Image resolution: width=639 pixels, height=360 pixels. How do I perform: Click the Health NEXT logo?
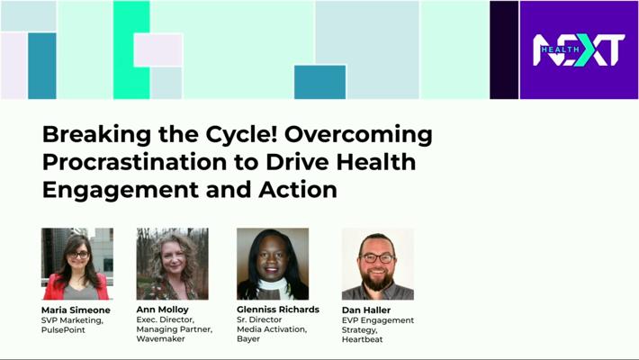[x=579, y=49]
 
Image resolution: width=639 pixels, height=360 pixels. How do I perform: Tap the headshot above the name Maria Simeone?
[x=77, y=264]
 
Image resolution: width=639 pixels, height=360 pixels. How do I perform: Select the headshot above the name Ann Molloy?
[x=173, y=264]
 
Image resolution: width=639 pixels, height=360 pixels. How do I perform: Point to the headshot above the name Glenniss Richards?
[x=273, y=264]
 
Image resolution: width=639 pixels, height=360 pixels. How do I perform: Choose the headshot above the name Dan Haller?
[x=378, y=265]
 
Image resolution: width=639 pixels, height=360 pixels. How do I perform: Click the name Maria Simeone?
[x=76, y=310]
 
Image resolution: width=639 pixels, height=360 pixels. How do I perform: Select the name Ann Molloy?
[x=163, y=310]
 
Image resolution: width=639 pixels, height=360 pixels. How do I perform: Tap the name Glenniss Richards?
[x=278, y=310]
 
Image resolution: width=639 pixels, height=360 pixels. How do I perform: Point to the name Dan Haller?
[x=366, y=310]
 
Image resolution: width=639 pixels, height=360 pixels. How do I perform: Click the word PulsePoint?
[x=63, y=329]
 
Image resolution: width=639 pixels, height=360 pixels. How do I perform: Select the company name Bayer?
[x=248, y=339]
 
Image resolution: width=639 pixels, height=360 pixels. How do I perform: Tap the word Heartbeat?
[x=363, y=339]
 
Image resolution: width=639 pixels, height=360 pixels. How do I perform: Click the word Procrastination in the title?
[x=134, y=162]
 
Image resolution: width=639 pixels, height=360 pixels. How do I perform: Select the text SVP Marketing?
[x=72, y=320]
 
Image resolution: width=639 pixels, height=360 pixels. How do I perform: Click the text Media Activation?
[x=272, y=329]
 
